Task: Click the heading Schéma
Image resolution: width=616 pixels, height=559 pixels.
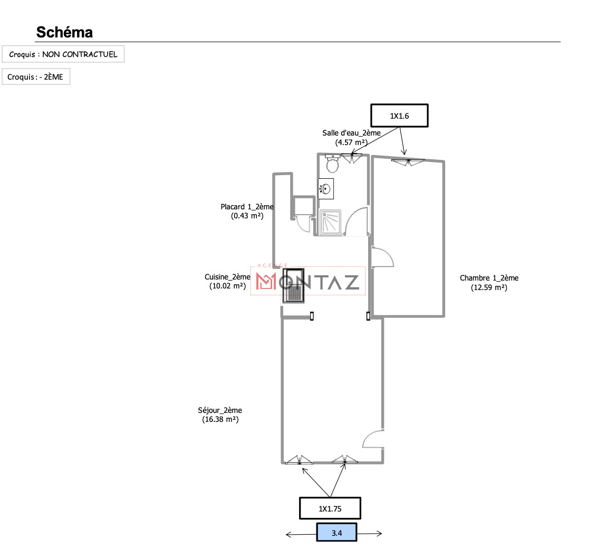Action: (x=64, y=32)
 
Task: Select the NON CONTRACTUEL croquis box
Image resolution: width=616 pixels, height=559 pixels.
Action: (x=63, y=54)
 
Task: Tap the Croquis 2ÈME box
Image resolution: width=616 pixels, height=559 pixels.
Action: (x=36, y=77)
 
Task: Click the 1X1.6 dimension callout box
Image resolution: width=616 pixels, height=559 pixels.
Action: (x=399, y=116)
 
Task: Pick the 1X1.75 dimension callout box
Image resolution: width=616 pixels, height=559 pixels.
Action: (x=330, y=509)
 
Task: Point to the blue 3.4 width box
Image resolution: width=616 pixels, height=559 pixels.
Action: (x=336, y=533)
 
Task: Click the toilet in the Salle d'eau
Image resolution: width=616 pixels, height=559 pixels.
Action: (x=333, y=164)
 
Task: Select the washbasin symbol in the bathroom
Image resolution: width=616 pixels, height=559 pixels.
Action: (x=326, y=188)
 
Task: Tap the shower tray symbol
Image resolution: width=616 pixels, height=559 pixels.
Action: (x=331, y=223)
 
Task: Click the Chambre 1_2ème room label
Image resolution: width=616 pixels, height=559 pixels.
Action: (x=489, y=278)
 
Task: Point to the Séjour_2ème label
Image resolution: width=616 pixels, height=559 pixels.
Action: (x=220, y=410)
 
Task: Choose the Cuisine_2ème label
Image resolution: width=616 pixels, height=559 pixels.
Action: (x=227, y=277)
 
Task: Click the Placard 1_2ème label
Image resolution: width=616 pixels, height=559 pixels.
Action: (x=247, y=207)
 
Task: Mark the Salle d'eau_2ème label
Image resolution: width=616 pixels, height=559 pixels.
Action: (x=351, y=133)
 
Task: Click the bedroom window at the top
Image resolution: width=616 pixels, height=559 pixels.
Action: (x=408, y=161)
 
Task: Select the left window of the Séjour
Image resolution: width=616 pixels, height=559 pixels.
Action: (x=299, y=460)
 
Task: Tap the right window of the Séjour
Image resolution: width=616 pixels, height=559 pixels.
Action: (x=345, y=460)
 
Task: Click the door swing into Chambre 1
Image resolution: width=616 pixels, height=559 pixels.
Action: (x=382, y=258)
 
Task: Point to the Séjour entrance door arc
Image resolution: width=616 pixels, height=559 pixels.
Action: (x=372, y=439)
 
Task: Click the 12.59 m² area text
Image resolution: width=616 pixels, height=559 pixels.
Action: (x=489, y=287)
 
